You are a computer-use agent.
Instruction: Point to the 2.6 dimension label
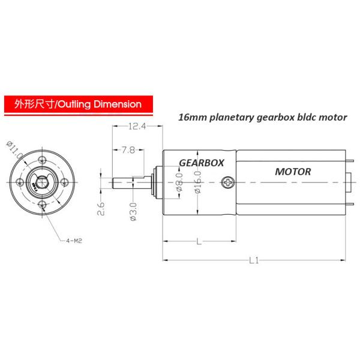(x=101, y=209)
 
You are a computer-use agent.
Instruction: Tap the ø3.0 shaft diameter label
(x=133, y=211)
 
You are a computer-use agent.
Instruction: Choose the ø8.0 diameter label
(x=178, y=183)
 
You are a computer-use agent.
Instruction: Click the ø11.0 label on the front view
(x=15, y=151)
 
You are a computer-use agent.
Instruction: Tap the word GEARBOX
(x=201, y=163)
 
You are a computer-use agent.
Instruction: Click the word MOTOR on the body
(x=293, y=172)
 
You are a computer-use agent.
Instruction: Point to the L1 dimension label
(x=254, y=261)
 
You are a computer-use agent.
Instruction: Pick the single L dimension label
(x=198, y=241)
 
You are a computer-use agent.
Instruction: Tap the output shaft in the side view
(x=129, y=181)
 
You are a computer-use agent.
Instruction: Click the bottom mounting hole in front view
(x=42, y=205)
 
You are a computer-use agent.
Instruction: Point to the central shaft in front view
(x=42, y=182)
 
